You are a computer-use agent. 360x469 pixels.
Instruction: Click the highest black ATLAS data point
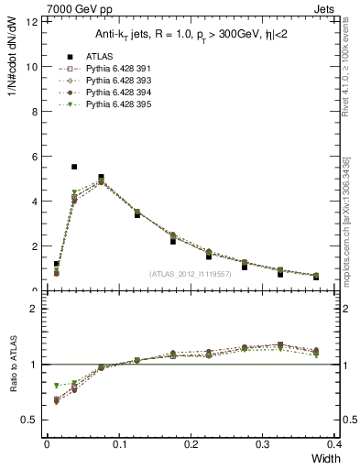click(74, 167)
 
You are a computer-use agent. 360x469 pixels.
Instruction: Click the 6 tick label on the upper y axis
click(37, 157)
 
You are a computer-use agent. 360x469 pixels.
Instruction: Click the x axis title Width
click(322, 457)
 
